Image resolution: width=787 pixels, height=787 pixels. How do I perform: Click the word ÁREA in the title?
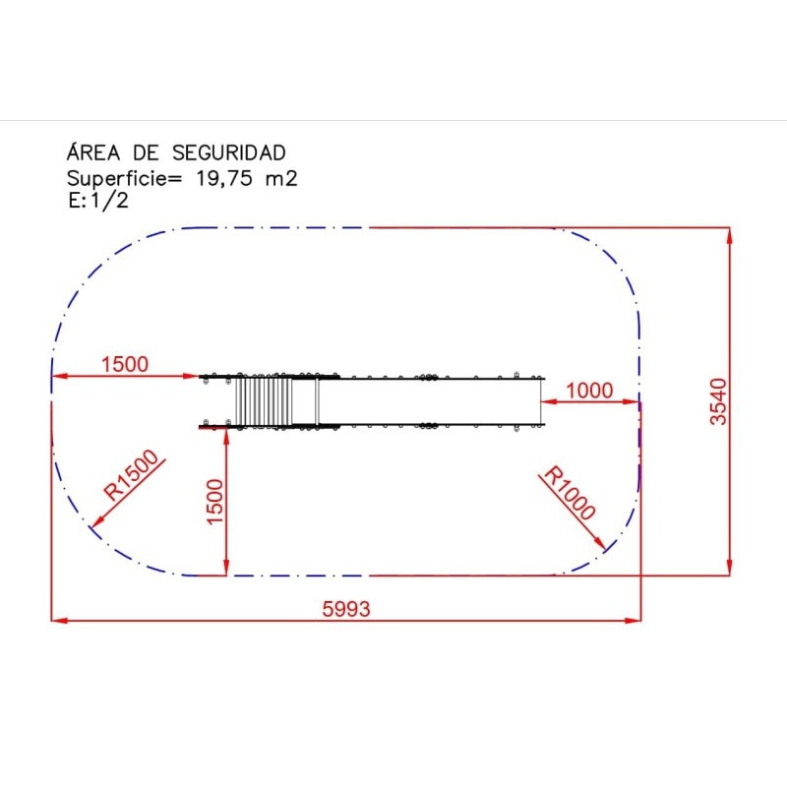pos(93,152)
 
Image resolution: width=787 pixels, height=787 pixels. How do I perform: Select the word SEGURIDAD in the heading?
pos(229,152)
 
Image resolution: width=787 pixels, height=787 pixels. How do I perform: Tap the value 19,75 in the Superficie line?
pos(224,178)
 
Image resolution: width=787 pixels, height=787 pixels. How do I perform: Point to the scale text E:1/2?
pos(98,201)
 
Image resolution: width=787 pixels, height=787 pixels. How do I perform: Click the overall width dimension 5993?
pos(346,609)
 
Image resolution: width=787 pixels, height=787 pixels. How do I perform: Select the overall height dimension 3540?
pos(718,401)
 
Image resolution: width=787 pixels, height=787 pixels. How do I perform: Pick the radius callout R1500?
pos(133,474)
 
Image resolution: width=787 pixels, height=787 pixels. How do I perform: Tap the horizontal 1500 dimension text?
pos(125,364)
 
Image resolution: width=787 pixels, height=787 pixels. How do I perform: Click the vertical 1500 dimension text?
pos(214,502)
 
